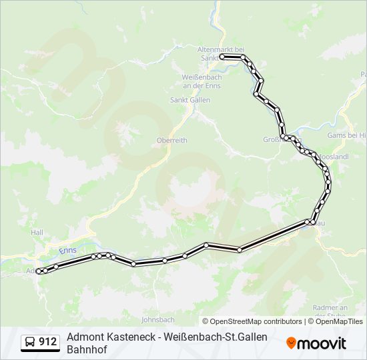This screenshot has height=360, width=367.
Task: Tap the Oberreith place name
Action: coord(171,140)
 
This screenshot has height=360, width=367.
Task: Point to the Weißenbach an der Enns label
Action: coord(197,80)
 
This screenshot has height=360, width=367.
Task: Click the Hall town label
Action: coord(37,232)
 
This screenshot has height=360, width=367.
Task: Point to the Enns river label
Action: coord(67,250)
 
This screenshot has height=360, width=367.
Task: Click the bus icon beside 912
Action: coord(31,343)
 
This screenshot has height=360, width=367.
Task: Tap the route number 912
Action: coord(48,343)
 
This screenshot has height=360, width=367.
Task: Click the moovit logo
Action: coord(316,343)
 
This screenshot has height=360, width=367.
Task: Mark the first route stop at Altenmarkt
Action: coord(222,57)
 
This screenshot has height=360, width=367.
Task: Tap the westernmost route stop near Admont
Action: coord(39,271)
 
